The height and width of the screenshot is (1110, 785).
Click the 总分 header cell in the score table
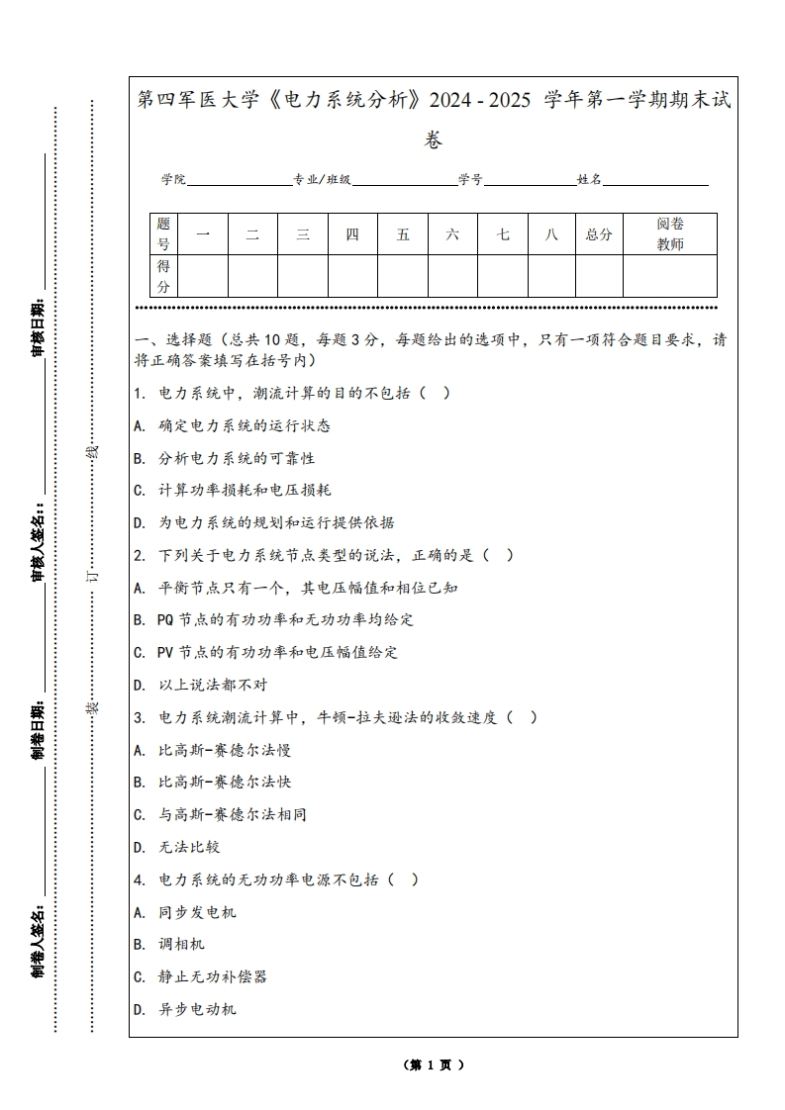599,234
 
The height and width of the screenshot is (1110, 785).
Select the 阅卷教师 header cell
670,234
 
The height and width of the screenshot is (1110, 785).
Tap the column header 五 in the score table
403,234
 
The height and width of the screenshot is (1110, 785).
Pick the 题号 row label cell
163,234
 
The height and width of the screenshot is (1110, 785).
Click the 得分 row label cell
163,276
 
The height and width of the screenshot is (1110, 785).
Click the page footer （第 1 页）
434,1064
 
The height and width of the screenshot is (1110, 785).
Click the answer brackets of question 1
435,393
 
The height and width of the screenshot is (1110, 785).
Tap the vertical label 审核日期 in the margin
39,326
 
